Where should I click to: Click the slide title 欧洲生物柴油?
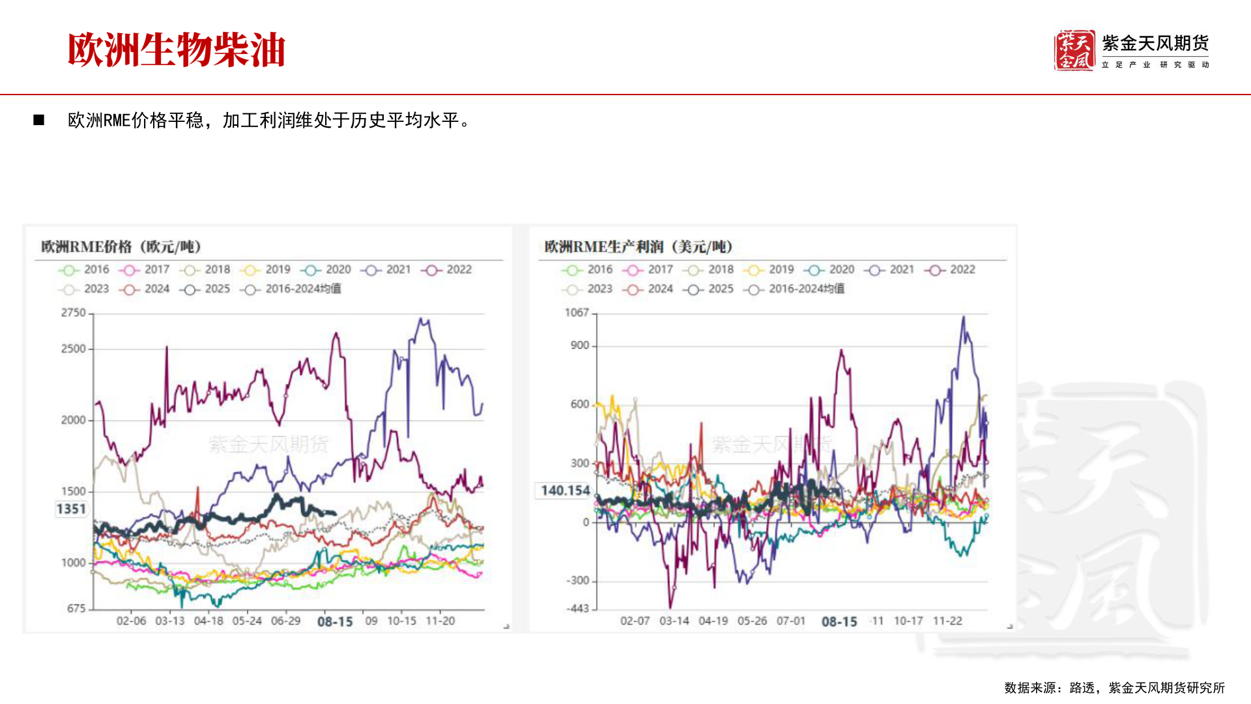click(x=176, y=50)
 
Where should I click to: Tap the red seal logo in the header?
click(x=1074, y=50)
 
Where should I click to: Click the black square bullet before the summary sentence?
click(x=39, y=120)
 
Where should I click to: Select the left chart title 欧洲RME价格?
click(x=121, y=246)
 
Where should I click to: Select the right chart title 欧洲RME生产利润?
click(x=639, y=246)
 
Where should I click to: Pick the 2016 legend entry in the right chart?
click(x=588, y=269)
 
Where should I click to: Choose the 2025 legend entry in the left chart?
click(x=206, y=289)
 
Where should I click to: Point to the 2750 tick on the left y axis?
click(x=74, y=313)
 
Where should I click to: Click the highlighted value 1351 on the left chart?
click(x=71, y=509)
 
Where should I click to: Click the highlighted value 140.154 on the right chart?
click(x=565, y=490)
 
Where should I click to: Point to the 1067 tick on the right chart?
click(x=577, y=313)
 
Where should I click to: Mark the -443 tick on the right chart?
click(x=577, y=608)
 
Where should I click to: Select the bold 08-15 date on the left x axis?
click(x=335, y=622)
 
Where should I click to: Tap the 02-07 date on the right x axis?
click(x=635, y=621)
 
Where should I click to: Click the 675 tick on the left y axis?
click(x=76, y=608)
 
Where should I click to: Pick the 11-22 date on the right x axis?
click(x=947, y=621)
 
